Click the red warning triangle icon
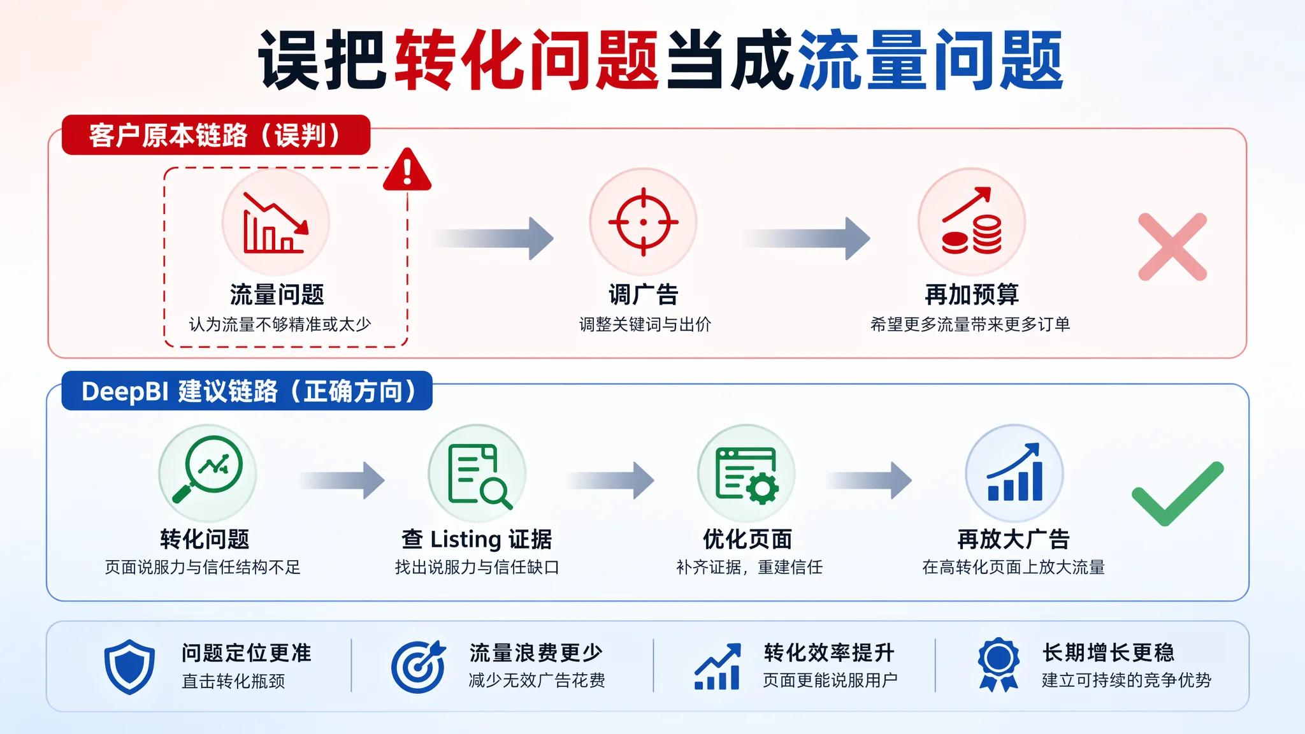tap(407, 170)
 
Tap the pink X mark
tap(1172, 247)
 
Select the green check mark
tap(1178, 494)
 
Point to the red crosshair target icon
tap(643, 222)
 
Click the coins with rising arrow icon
tap(972, 222)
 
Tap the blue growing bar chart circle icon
tap(1014, 473)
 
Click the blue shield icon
tap(130, 666)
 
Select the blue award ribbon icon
tap(999, 665)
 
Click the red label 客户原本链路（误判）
tap(216, 135)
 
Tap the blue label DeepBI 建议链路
tap(247, 391)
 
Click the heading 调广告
tap(644, 294)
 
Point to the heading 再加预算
tap(972, 294)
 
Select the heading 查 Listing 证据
tap(477, 539)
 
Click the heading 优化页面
tap(747, 539)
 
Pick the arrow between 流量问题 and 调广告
tap(494, 238)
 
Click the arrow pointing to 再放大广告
tap(870, 480)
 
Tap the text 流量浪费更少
tap(536, 652)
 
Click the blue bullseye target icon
tap(419, 666)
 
